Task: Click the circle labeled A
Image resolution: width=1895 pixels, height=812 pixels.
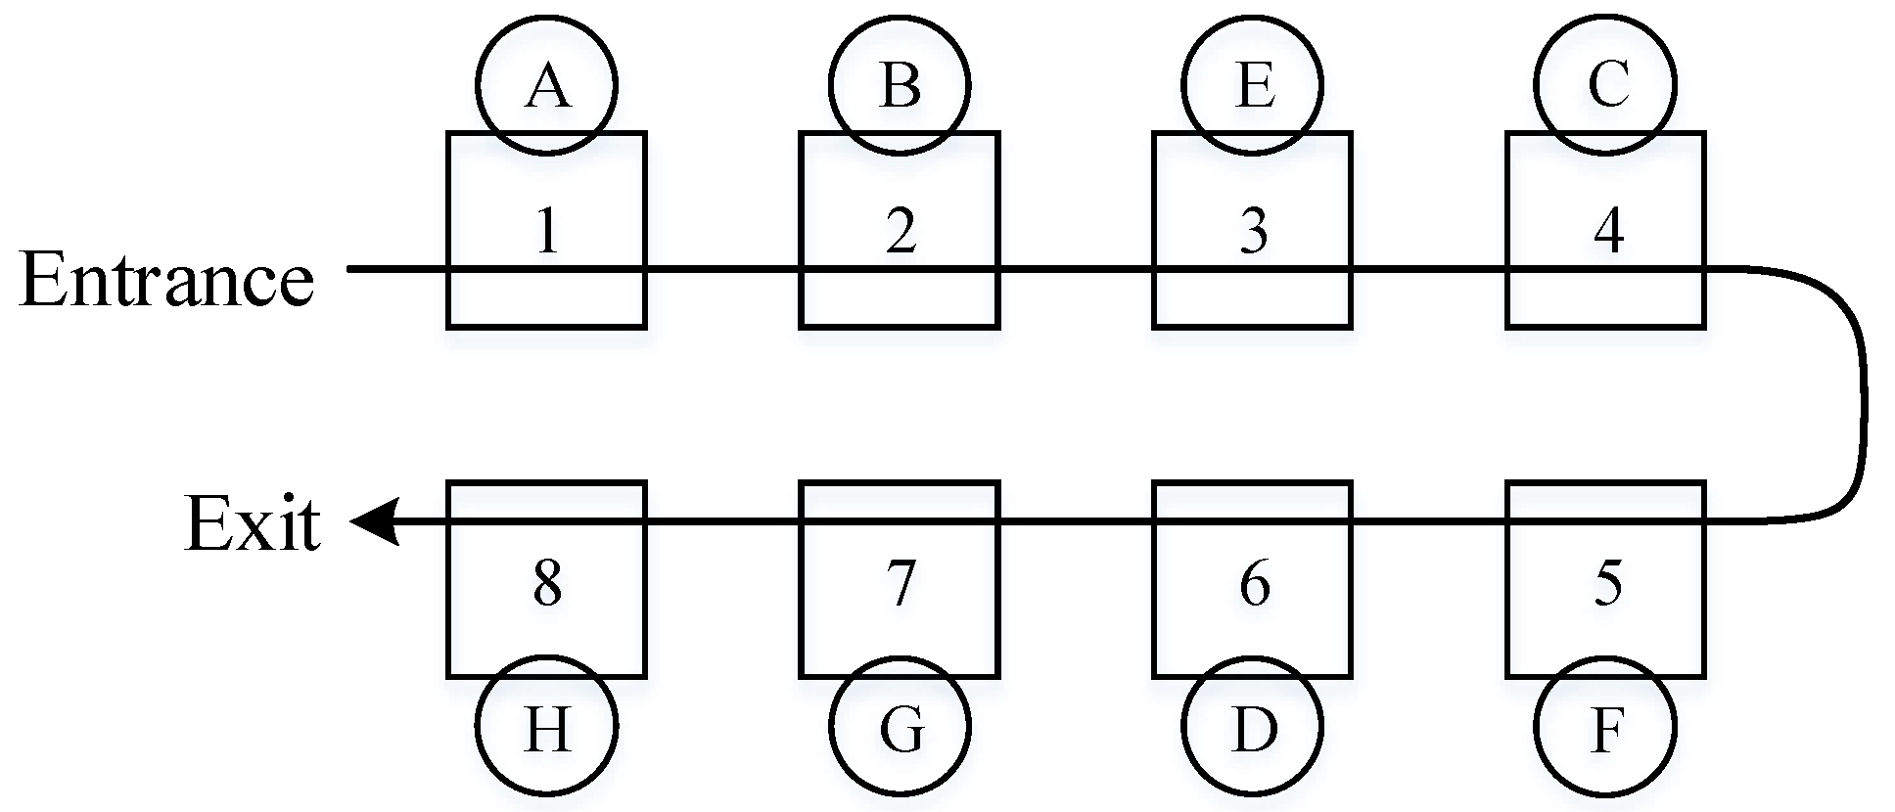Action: [x=546, y=85]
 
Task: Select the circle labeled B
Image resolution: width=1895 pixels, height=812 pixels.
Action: [x=900, y=85]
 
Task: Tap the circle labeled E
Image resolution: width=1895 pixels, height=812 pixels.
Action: [x=1253, y=85]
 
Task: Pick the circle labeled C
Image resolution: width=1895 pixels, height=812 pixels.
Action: [x=1605, y=85]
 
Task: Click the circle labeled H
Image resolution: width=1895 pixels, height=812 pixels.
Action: [x=546, y=727]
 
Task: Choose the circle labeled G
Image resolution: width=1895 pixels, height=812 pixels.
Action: [x=900, y=727]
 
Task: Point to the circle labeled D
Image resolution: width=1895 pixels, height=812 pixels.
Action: [x=1253, y=727]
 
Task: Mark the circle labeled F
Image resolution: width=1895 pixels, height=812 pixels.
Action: [x=1605, y=727]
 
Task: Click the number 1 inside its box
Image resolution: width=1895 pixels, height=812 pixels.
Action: [x=547, y=231]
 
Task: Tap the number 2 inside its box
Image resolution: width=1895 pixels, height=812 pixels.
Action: [x=901, y=231]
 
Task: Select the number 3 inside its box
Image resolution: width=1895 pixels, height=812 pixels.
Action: [x=1254, y=231]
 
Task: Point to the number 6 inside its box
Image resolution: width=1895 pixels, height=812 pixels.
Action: [x=1254, y=583]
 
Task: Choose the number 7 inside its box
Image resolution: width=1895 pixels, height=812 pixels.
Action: [x=901, y=583]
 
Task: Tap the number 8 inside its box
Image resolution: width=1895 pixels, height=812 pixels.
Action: [x=547, y=583]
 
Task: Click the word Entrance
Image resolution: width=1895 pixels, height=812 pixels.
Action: [x=166, y=280]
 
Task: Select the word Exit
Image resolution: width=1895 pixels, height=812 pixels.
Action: [x=253, y=524]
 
